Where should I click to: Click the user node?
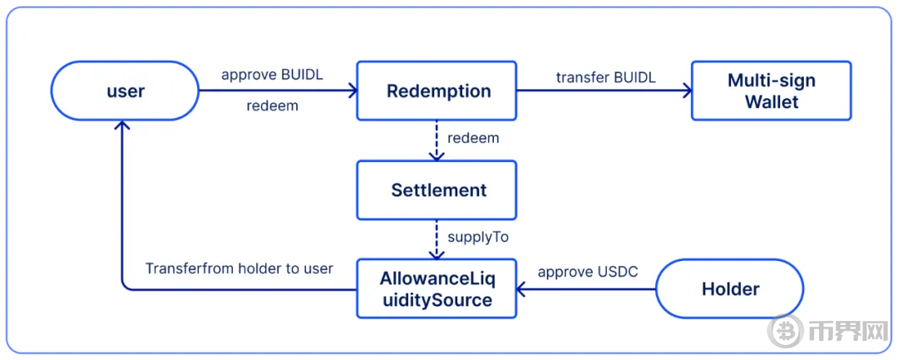126,91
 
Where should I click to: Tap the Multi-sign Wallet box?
771,91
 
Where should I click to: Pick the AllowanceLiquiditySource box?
437,288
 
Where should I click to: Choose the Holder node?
730,288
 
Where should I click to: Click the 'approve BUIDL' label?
272,75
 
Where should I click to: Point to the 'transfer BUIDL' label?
605,77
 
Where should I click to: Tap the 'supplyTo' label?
477,237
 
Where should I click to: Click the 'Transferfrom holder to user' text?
239,269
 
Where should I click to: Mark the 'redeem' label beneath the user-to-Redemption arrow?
272,106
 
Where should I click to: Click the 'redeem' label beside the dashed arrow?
473,138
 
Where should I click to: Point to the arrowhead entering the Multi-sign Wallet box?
686,91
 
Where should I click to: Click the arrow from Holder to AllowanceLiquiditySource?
586,289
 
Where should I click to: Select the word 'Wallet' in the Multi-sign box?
771,102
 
